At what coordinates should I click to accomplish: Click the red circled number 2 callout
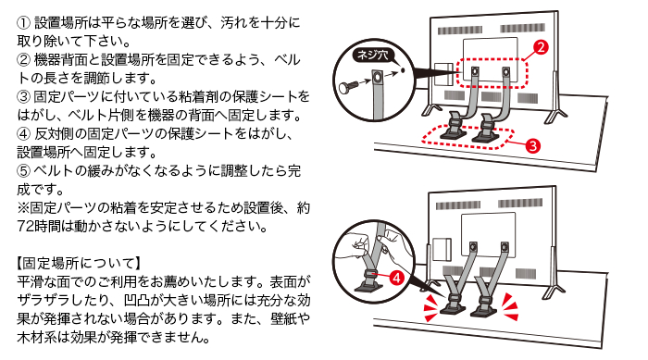541,47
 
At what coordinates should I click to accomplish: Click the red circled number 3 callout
532,145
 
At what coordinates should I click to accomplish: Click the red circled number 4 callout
396,278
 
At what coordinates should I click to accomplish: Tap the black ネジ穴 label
372,56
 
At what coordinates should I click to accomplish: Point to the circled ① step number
23,23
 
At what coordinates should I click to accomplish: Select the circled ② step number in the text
23,60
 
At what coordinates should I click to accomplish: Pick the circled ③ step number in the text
23,97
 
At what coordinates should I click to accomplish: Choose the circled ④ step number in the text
23,134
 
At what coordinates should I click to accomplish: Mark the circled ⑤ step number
23,170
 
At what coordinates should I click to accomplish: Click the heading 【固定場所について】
79,263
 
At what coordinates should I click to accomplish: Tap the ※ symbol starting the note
23,208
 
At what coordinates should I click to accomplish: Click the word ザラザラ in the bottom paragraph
44,301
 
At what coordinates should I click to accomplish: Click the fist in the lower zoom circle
357,244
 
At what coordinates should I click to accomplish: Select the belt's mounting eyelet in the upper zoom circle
378,78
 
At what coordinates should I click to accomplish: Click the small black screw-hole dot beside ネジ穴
403,70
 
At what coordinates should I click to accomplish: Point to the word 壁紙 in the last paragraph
284,319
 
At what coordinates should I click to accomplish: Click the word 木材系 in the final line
37,338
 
